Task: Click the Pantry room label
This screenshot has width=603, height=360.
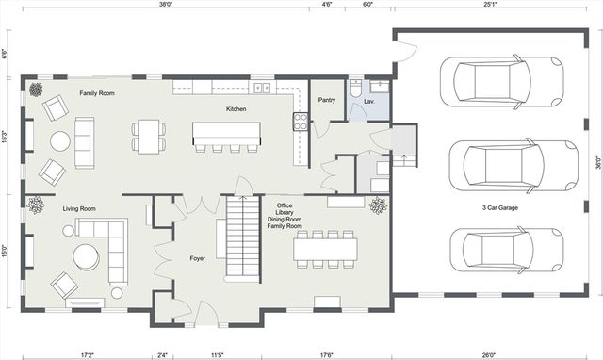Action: [x=327, y=99]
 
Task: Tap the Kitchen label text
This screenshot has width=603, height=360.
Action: [x=236, y=109]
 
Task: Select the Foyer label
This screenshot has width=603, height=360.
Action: [x=197, y=257]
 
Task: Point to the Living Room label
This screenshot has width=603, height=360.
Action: [x=80, y=209]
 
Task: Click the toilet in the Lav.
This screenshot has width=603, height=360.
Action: [x=354, y=89]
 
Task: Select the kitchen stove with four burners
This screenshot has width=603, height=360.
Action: [x=301, y=121]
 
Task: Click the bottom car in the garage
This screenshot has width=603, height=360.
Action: [x=507, y=249]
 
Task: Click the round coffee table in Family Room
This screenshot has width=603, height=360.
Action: [x=60, y=141]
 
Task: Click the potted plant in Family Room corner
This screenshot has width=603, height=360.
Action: [x=36, y=90]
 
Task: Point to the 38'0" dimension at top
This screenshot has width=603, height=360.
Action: [x=166, y=5]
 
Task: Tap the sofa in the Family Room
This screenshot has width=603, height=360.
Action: [x=85, y=142]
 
